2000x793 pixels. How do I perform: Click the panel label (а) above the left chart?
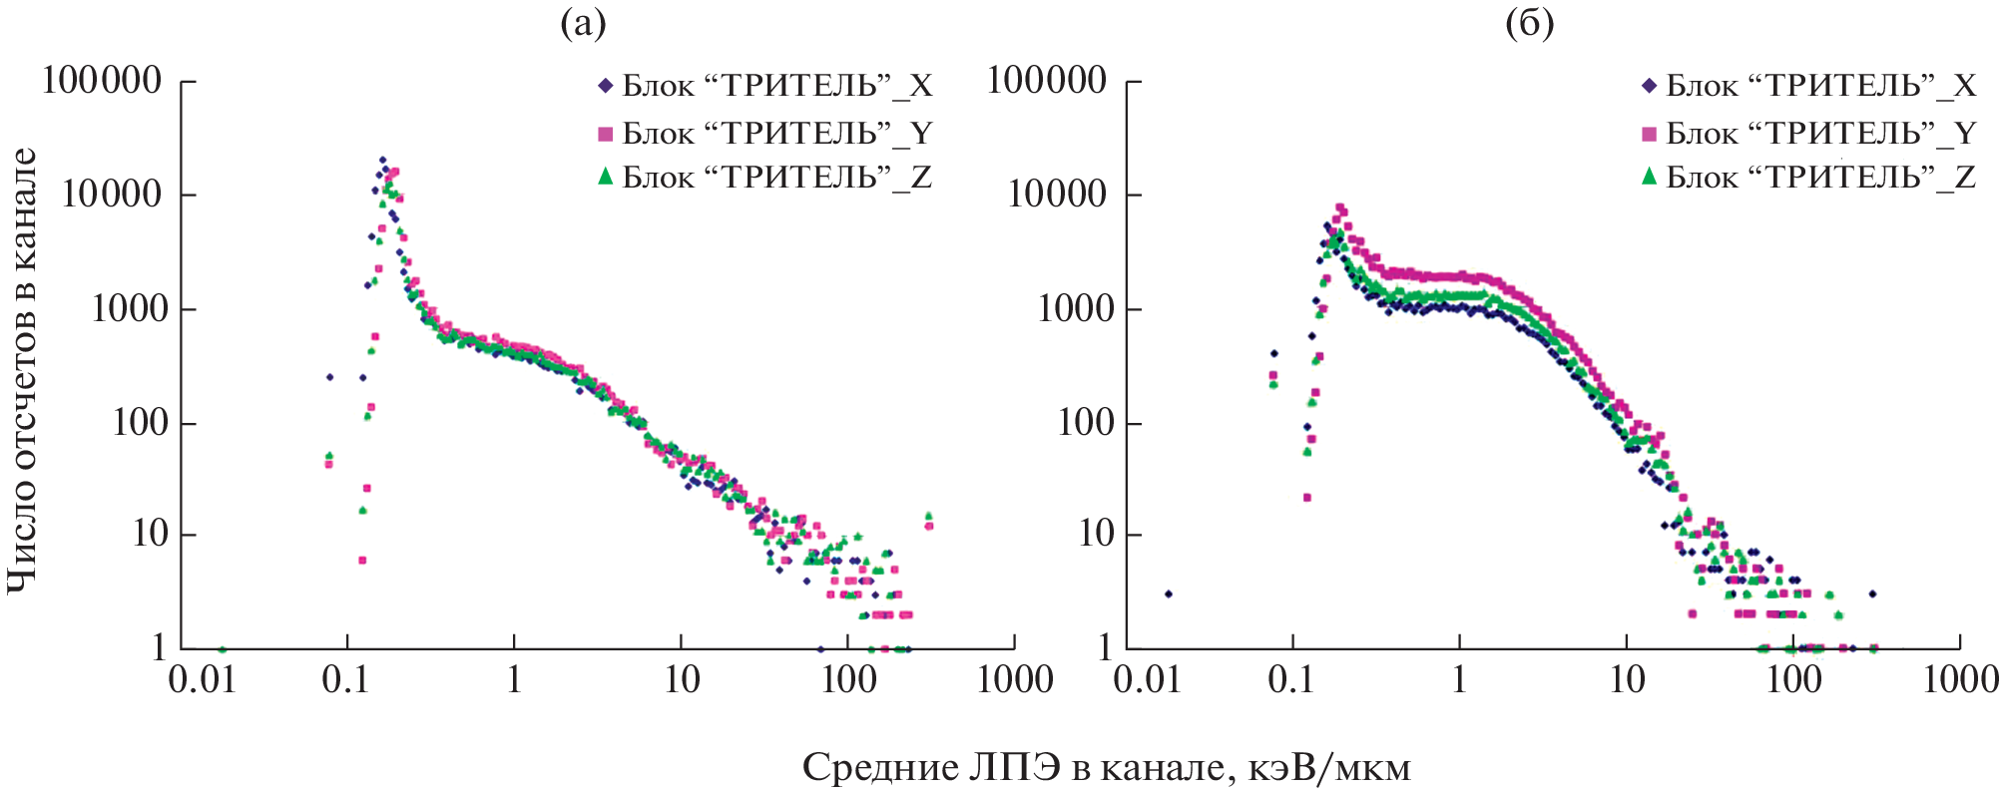pos(583,23)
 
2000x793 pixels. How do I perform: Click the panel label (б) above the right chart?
pos(1529,23)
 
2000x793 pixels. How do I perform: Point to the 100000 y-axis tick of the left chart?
pos(102,81)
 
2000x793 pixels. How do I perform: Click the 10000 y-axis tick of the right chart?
pos(1058,194)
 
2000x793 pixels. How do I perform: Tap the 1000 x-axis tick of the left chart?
pos(1015,680)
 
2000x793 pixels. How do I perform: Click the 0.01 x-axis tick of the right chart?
pos(1148,680)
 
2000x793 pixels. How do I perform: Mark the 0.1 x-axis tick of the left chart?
pos(346,680)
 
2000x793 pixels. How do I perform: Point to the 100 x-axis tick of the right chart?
pos(1793,680)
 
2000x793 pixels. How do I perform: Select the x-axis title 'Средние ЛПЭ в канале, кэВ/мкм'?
pos(1106,768)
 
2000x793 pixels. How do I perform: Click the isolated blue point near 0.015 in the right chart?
pos(1169,594)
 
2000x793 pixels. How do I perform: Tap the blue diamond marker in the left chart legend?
pos(605,86)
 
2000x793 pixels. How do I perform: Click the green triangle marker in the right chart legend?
pos(1649,177)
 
